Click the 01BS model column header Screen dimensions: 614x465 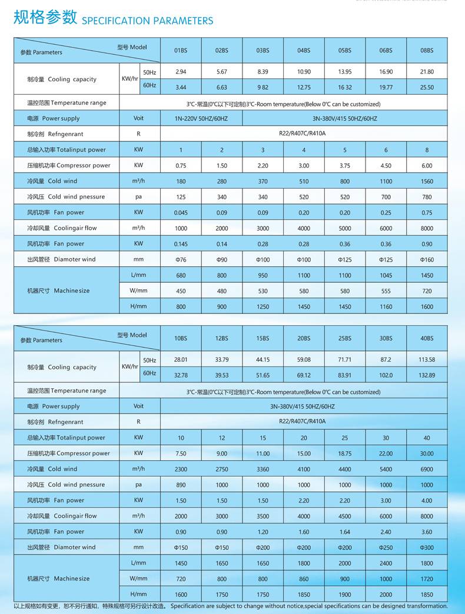pyautogui.click(x=181, y=51)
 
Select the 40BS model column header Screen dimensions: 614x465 pyautogui.click(x=427, y=338)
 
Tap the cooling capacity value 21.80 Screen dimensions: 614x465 pyautogui.click(x=427, y=72)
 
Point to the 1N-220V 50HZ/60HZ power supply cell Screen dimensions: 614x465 pyautogui.click(x=201, y=118)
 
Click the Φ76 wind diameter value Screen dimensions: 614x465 pyautogui.click(x=181, y=260)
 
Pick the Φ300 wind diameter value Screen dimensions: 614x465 pyautogui.click(x=427, y=547)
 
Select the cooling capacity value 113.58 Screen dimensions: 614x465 pyautogui.click(x=427, y=359)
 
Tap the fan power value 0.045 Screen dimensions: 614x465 pyautogui.click(x=181, y=213)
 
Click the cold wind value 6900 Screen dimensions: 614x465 pyautogui.click(x=427, y=469)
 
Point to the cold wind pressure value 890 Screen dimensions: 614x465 pyautogui.click(x=181, y=485)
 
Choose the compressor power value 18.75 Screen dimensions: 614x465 pyautogui.click(x=345, y=454)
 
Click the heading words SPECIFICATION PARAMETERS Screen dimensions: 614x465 pyautogui.click(x=147, y=21)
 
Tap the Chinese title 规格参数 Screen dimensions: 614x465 pyautogui.click(x=45, y=18)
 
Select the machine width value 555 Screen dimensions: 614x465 pyautogui.click(x=386, y=291)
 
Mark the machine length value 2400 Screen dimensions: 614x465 pyautogui.click(x=386, y=563)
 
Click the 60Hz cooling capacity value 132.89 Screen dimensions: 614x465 pyautogui.click(x=427, y=375)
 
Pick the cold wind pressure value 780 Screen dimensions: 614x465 pyautogui.click(x=427, y=197)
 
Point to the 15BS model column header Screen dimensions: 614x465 pyautogui.click(x=263, y=338)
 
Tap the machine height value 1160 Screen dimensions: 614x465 pyautogui.click(x=386, y=307)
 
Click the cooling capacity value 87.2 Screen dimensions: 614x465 pyautogui.click(x=386, y=359)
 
